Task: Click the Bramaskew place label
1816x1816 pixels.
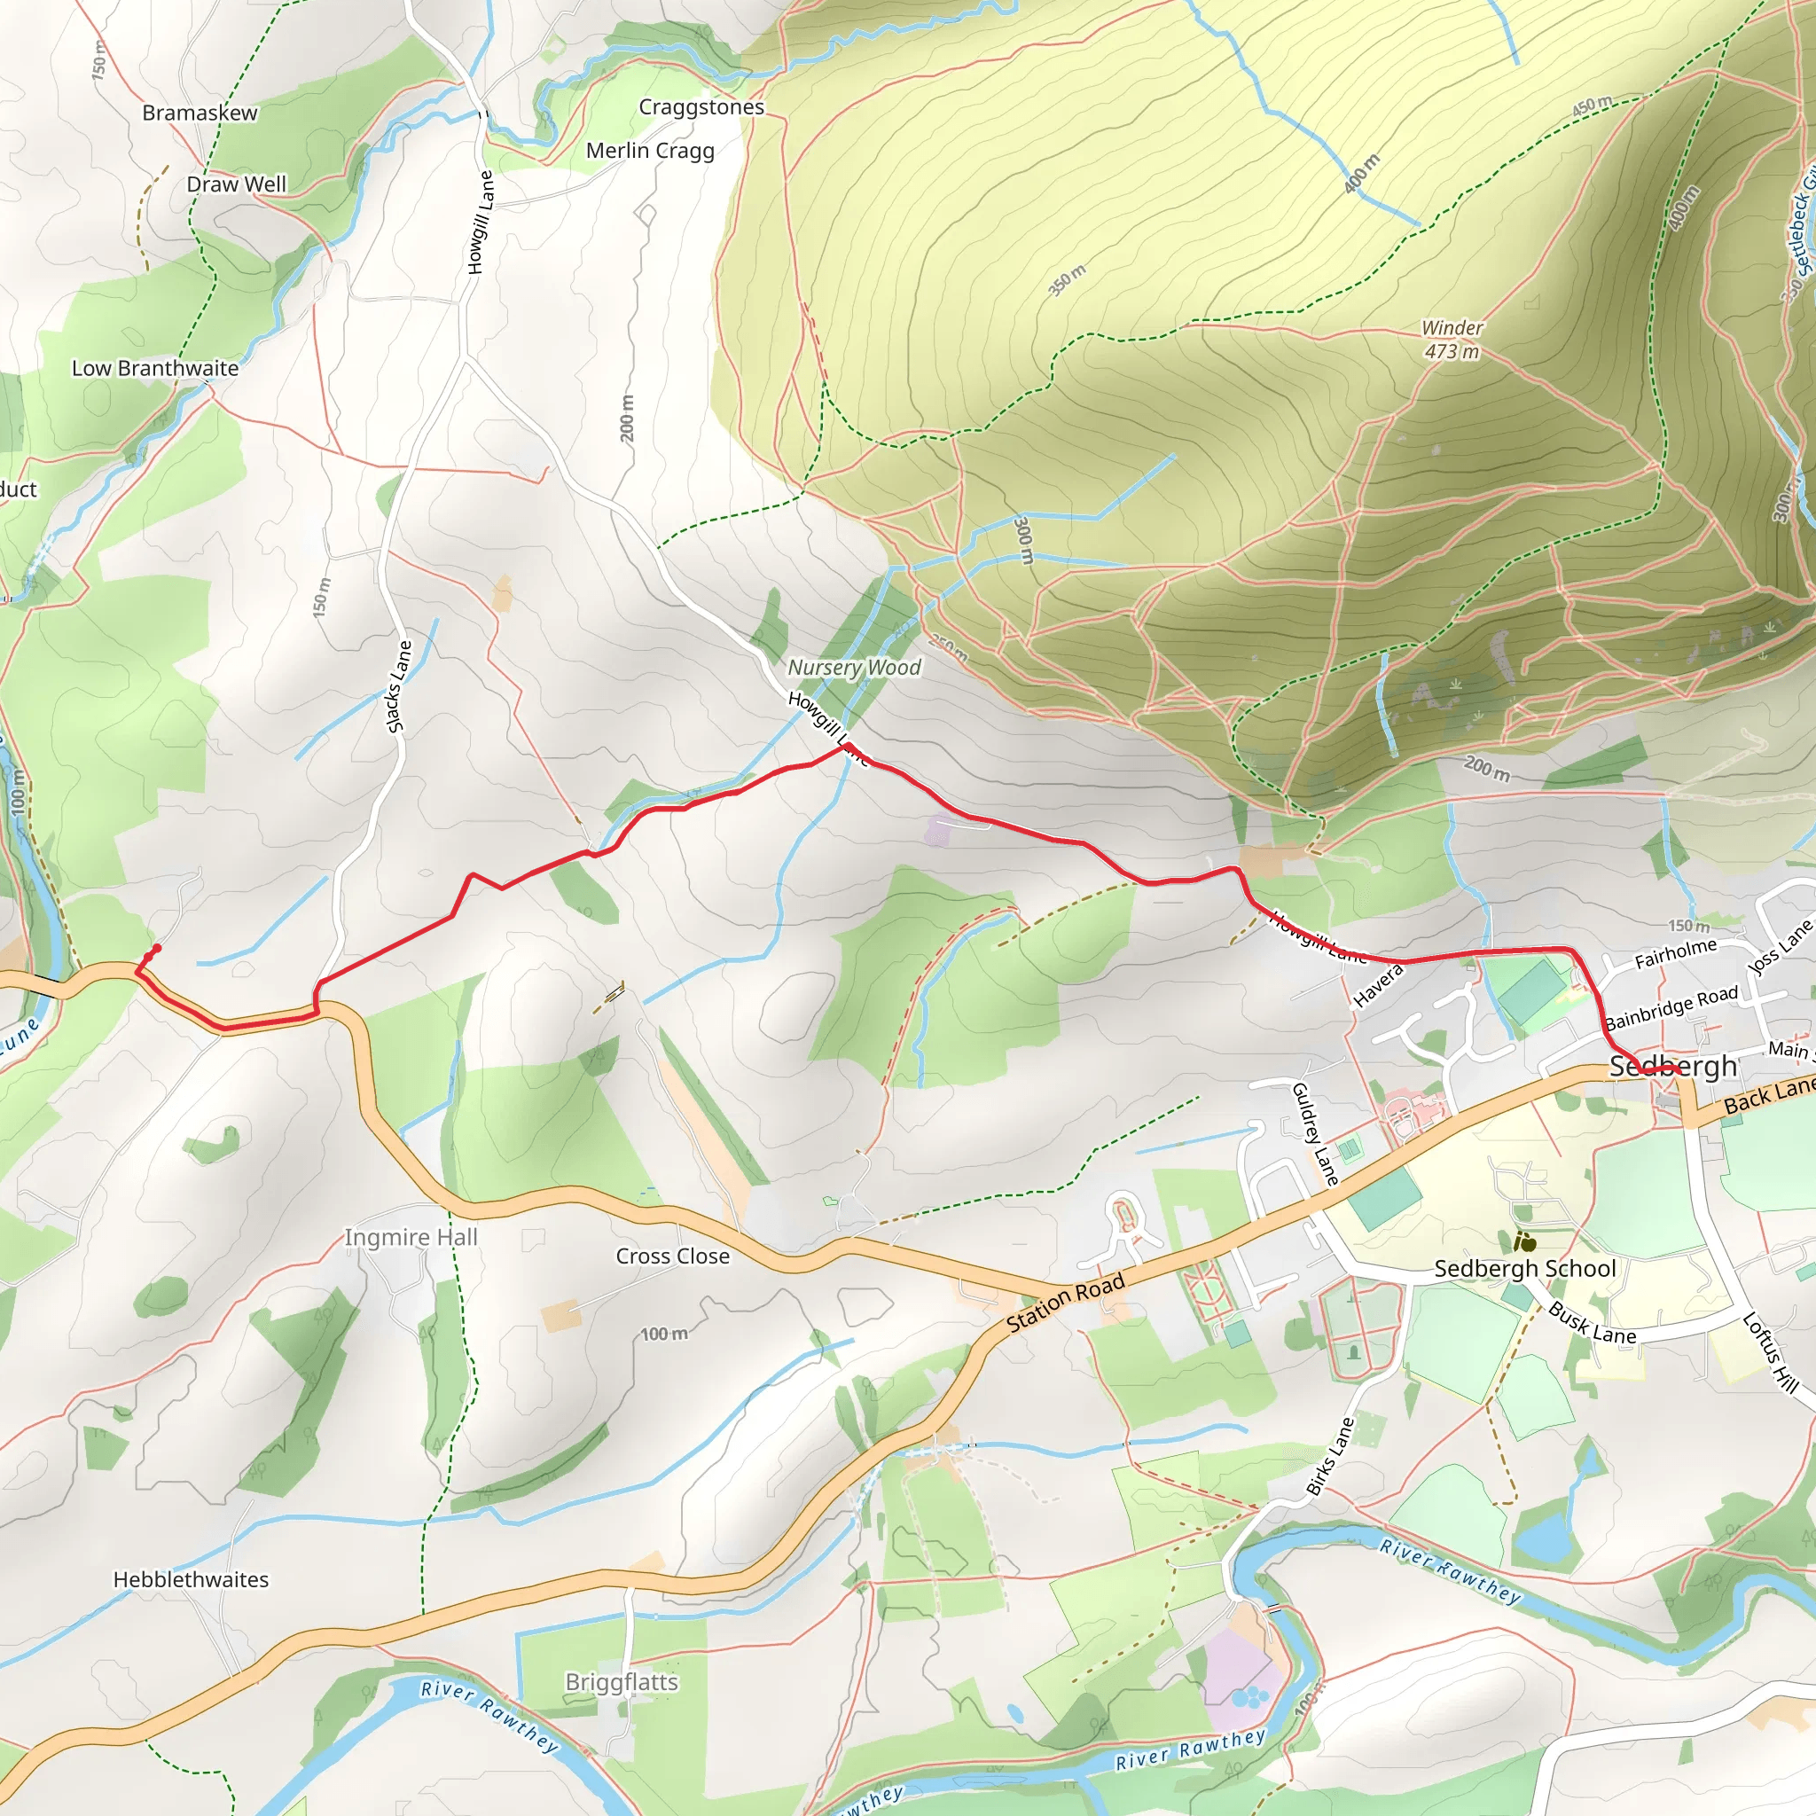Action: click(x=200, y=113)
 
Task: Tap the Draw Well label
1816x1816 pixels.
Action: click(x=236, y=184)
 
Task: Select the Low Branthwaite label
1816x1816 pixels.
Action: click(x=155, y=369)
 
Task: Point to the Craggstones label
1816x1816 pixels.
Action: click(x=701, y=107)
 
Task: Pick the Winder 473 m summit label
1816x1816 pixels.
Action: click(x=1452, y=340)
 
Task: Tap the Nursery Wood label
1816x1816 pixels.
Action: click(x=854, y=668)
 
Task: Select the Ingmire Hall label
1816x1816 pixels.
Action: click(x=411, y=1237)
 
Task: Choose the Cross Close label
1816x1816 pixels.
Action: click(x=672, y=1256)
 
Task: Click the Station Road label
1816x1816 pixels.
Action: click(x=1065, y=1303)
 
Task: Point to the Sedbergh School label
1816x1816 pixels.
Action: click(x=1524, y=1269)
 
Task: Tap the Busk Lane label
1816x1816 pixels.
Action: click(x=1593, y=1322)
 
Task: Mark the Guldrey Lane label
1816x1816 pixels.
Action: click(x=1314, y=1133)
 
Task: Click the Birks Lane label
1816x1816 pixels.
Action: click(x=1330, y=1456)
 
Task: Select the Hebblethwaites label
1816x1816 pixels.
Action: click(x=191, y=1579)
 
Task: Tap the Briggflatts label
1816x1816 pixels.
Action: click(x=622, y=1681)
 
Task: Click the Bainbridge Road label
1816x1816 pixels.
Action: click(x=1671, y=1007)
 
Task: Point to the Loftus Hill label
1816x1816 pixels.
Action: click(x=1770, y=1352)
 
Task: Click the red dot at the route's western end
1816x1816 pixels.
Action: click(x=156, y=949)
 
